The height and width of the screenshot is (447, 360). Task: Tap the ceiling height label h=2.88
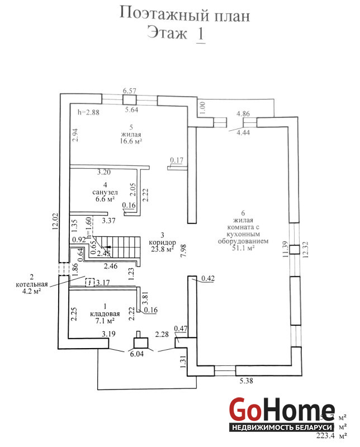pyautogui.click(x=87, y=112)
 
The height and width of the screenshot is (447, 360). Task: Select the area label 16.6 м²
pyautogui.click(x=131, y=141)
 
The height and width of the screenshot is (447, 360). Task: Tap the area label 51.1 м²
pyautogui.click(x=244, y=249)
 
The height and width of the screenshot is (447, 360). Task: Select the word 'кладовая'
pyautogui.click(x=105, y=313)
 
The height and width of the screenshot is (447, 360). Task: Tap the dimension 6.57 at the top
pyautogui.click(x=130, y=91)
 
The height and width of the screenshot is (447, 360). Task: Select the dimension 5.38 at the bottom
pyautogui.click(x=247, y=382)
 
